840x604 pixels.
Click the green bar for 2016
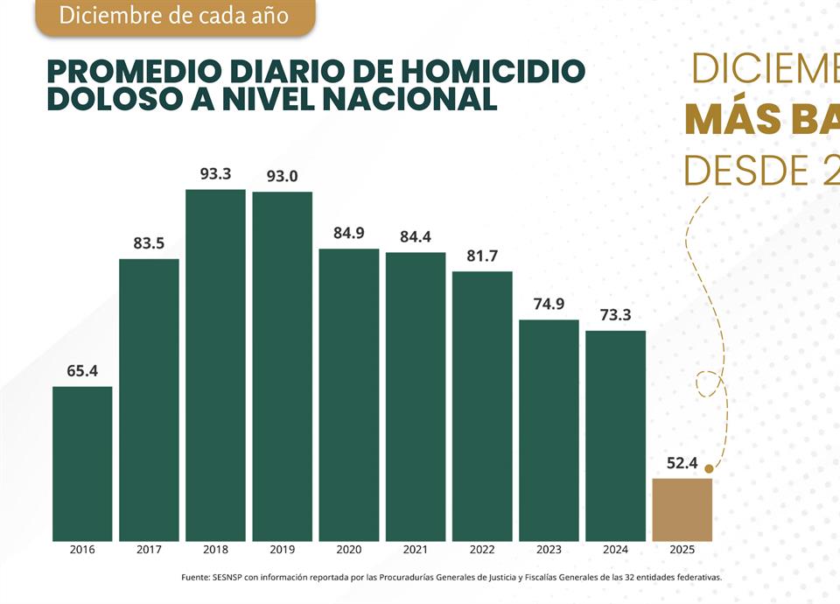pos(82,463)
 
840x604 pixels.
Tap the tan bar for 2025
pos(682,509)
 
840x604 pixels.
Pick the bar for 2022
pos(482,406)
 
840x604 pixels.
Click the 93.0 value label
pos(282,175)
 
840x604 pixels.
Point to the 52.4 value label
pos(682,463)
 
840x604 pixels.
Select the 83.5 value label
pos(149,243)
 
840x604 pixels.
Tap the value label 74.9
pos(549,305)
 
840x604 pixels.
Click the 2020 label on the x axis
pos(348,551)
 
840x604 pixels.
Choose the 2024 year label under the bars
pos(615,551)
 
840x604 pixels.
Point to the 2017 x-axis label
pos(149,551)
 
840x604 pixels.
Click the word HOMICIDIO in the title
pos(495,71)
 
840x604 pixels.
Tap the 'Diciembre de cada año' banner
pos(175,16)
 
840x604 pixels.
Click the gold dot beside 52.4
pos(709,469)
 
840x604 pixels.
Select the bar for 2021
pos(416,397)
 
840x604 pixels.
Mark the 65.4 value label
pos(82,371)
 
